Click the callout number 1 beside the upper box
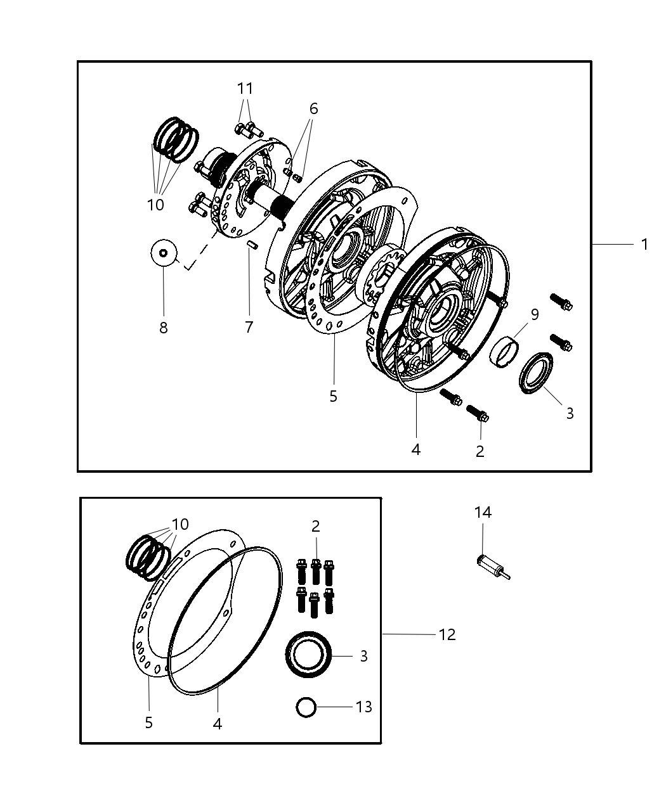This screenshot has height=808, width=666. [x=644, y=244]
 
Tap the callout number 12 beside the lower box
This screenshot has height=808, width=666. [x=447, y=634]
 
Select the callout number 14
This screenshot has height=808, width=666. [x=483, y=512]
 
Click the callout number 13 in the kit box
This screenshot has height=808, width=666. [x=363, y=707]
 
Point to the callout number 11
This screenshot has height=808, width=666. [x=245, y=88]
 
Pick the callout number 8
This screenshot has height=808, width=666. [x=163, y=328]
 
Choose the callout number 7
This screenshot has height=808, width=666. [x=249, y=327]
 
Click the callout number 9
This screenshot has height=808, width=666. [x=534, y=315]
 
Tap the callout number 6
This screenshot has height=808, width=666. [x=313, y=108]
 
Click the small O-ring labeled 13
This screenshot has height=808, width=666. [x=306, y=707]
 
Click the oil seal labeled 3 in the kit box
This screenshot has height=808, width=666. [x=308, y=656]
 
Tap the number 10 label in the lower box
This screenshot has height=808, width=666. [x=180, y=525]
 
